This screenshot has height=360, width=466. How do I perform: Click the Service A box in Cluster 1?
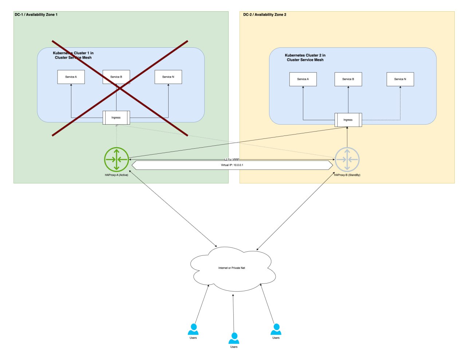(x=71, y=77)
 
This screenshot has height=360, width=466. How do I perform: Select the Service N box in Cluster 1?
(x=168, y=77)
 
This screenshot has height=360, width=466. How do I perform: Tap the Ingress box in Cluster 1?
(x=116, y=118)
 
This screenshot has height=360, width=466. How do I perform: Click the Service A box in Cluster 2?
(x=303, y=79)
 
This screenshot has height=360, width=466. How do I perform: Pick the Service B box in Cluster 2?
(x=348, y=79)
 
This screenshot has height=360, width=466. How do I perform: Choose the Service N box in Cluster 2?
(x=400, y=79)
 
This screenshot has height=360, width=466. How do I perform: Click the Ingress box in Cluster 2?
(x=348, y=120)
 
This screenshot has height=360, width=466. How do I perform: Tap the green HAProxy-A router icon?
(x=116, y=159)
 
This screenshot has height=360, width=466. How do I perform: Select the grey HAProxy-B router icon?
(x=347, y=159)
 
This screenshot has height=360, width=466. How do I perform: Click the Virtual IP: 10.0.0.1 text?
(x=232, y=165)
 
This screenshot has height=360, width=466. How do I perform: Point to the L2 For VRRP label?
(x=232, y=160)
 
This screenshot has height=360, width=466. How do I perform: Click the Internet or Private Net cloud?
(x=232, y=268)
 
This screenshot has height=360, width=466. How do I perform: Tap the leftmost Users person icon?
(x=193, y=329)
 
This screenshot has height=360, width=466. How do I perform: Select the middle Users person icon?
(x=234, y=339)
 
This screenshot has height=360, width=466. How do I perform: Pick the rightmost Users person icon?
(x=276, y=329)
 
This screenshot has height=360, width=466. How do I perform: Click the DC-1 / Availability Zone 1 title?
(x=36, y=15)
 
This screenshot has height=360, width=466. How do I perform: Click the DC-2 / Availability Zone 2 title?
(x=265, y=15)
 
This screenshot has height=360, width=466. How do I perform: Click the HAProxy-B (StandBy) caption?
(x=347, y=175)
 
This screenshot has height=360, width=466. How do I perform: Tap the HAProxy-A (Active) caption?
(x=116, y=175)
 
